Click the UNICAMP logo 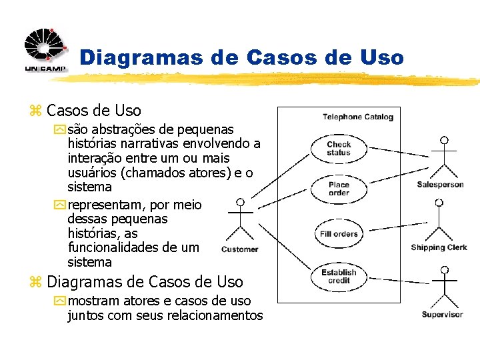click(x=45, y=50)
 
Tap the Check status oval click(x=339, y=149)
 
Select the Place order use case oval click(x=339, y=189)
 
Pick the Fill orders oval click(x=339, y=234)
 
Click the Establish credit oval click(x=339, y=277)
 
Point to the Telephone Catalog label click(x=358, y=117)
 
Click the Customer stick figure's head click(x=241, y=202)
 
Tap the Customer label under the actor click(x=239, y=249)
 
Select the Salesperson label click(x=440, y=185)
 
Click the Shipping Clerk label click(x=439, y=247)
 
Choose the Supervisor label click(x=442, y=314)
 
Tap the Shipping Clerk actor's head click(x=439, y=202)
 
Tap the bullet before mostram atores click(x=61, y=301)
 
